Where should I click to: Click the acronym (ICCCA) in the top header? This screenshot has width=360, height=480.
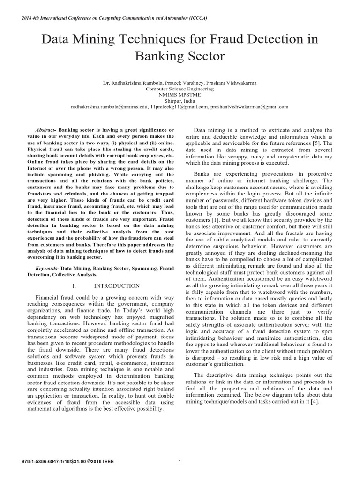pyautogui.click(x=197, y=18)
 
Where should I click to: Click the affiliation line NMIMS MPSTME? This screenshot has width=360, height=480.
pyautogui.click(x=180, y=94)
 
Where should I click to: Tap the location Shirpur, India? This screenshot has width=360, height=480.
pyautogui.click(x=180, y=100)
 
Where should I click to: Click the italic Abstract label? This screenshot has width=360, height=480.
pyautogui.click(x=45, y=129)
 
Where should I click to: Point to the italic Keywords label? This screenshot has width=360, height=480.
pyautogui.click(x=47, y=268)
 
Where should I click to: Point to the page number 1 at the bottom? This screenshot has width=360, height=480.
pyautogui.click(x=180, y=462)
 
